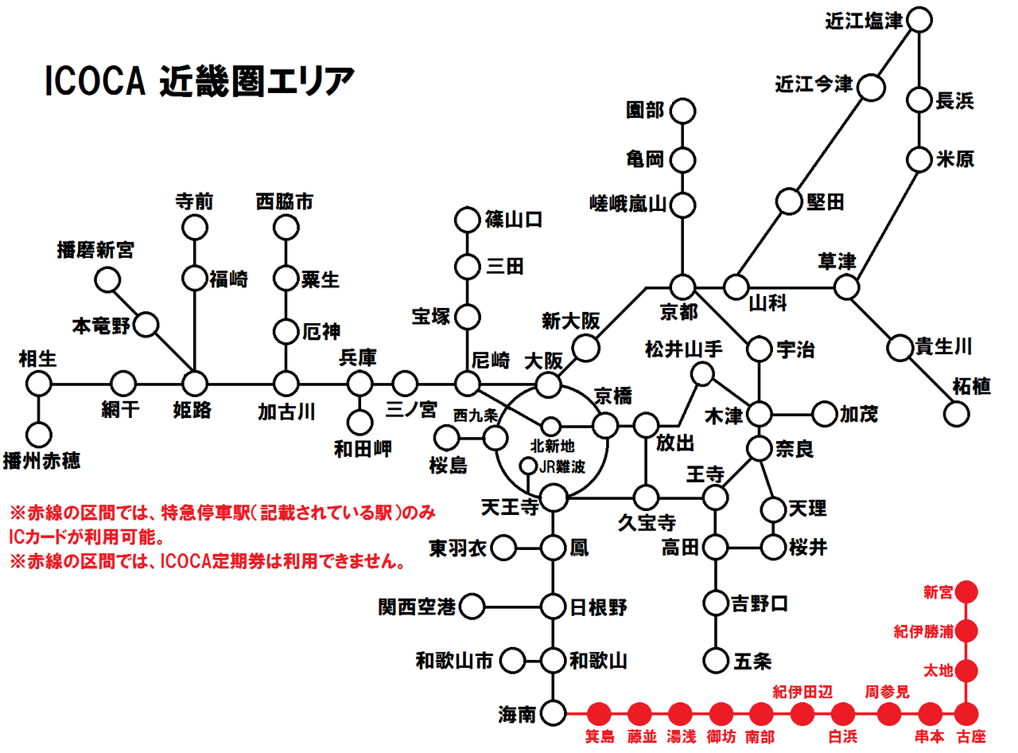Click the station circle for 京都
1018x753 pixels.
coord(682,286)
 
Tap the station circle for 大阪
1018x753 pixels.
coord(547,384)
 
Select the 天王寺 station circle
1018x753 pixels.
coord(554,498)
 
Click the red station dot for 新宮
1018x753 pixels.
coord(966,591)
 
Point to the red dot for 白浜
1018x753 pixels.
coord(843,712)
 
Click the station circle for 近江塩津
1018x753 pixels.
coord(919,20)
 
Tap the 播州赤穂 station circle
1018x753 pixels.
coord(38,434)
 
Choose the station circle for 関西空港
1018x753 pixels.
coord(472,607)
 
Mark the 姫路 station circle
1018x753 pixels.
coord(195,383)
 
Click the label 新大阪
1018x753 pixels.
coord(570,321)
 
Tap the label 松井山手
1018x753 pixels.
coord(685,349)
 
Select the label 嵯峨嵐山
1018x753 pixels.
coord(628,205)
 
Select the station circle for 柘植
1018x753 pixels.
coord(957,413)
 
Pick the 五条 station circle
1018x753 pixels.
coord(716,660)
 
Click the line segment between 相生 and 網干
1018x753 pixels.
coord(80,383)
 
